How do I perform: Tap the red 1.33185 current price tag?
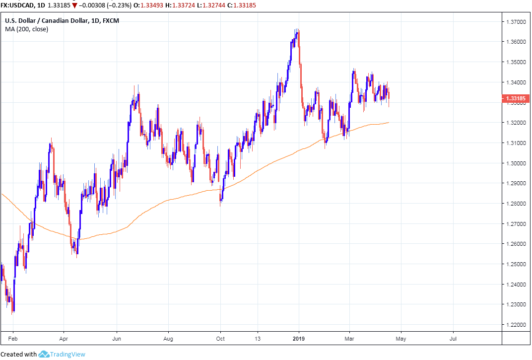[x=515, y=98]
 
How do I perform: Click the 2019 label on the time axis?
[x=299, y=339]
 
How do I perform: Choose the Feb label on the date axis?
[x=13, y=339]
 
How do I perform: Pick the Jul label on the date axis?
[x=453, y=339]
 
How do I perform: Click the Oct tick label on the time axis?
[x=220, y=339]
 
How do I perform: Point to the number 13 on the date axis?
[x=257, y=339]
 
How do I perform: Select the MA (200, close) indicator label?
[x=26, y=29]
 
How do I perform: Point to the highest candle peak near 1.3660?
[x=297, y=30]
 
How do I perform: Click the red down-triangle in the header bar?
[x=74, y=5]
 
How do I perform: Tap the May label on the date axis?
[x=401, y=339]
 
